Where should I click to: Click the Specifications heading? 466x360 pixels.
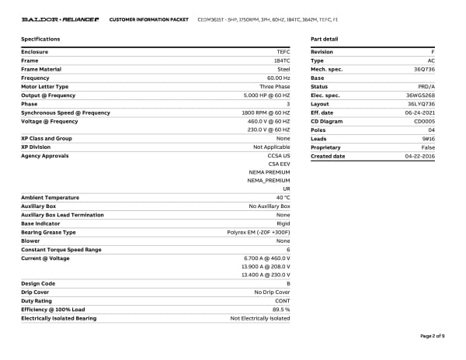pos(40,38)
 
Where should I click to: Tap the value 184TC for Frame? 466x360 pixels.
pos(281,61)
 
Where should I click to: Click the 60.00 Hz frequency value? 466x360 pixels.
pos(278,78)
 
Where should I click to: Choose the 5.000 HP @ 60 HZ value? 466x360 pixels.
pos(266,95)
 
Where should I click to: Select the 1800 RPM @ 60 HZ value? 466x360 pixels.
pos(266,112)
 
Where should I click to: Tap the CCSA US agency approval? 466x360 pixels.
pos(279,156)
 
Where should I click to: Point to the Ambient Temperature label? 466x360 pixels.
pos(50,197)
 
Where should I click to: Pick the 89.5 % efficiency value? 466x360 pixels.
pos(280,310)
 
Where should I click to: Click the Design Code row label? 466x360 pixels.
pos(38,283)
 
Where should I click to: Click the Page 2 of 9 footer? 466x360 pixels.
pos(432,336)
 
